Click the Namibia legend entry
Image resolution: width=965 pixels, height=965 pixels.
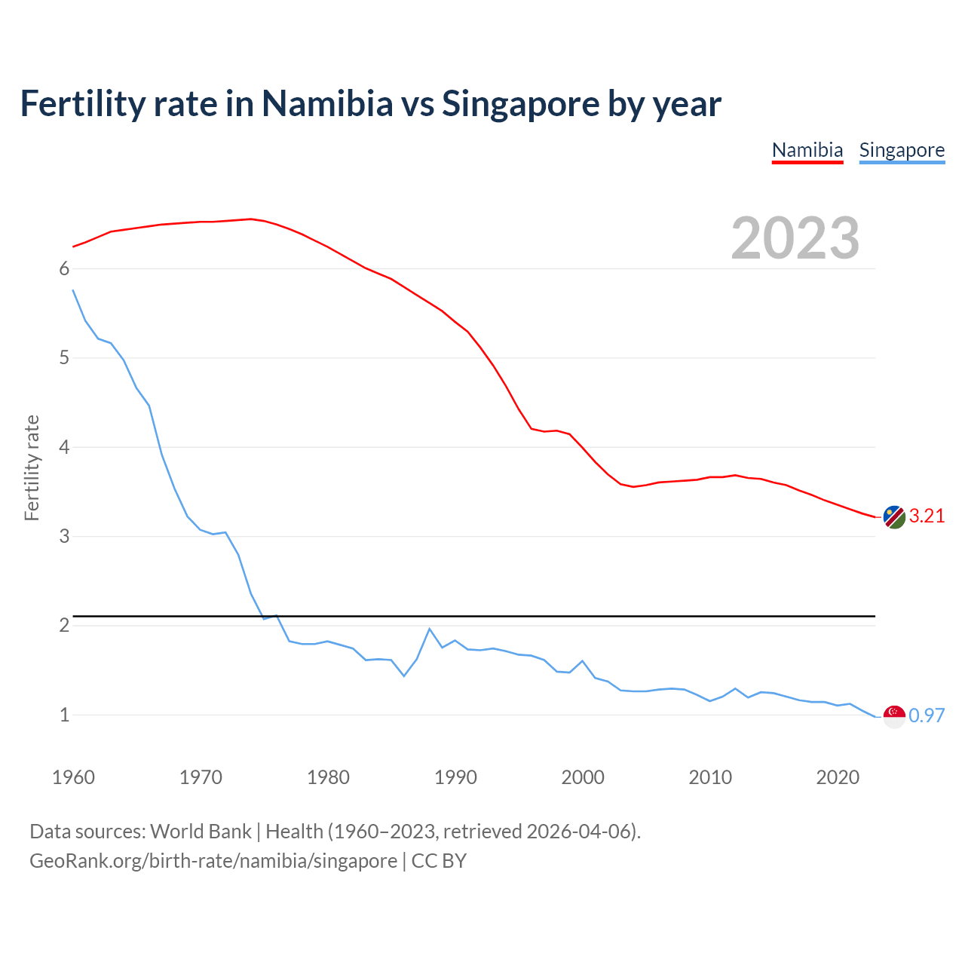tap(807, 150)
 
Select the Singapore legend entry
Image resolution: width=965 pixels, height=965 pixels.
tap(902, 150)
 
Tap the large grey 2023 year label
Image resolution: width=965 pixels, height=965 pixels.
tap(795, 238)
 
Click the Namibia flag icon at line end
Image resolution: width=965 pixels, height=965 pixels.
tap(894, 517)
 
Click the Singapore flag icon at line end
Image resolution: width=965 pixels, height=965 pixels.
tap(894, 716)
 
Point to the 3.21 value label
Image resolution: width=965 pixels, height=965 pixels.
tap(927, 516)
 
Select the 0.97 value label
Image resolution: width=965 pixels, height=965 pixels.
tap(927, 716)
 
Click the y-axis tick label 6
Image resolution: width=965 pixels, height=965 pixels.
tap(64, 269)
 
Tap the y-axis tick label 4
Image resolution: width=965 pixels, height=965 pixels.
tap(64, 448)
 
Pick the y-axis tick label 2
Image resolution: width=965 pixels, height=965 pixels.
tap(64, 626)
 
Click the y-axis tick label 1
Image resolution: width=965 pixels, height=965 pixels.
tap(64, 715)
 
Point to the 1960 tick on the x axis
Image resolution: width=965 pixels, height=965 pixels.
tap(73, 777)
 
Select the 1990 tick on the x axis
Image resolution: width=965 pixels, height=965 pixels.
tap(455, 777)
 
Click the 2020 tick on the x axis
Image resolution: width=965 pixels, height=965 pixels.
tap(838, 777)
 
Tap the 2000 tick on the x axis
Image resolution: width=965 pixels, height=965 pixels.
tap(583, 777)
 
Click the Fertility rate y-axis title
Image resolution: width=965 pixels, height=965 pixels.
tap(32, 467)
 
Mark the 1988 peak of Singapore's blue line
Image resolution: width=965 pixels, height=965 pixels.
tap(430, 629)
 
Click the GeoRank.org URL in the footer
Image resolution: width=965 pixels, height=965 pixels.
tap(213, 861)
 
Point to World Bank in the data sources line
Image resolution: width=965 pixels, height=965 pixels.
tap(201, 832)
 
